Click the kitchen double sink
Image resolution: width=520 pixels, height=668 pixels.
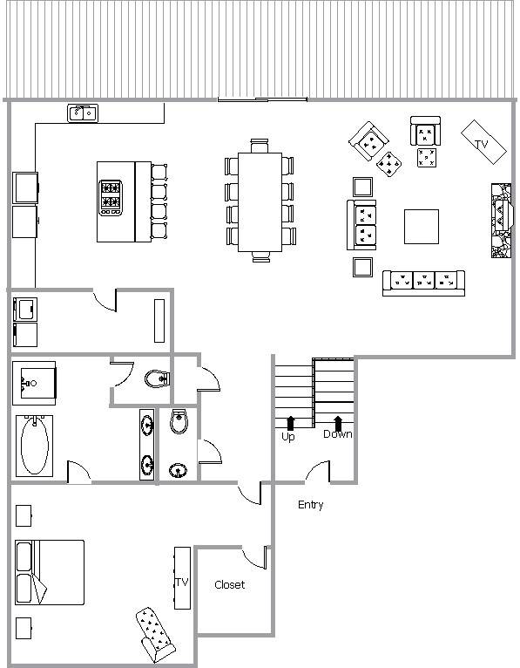coord(83,112)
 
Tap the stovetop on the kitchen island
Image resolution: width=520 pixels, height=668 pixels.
coord(111,198)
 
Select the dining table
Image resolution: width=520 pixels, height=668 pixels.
coord(260,202)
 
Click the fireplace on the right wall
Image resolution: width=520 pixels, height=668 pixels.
coord(502,221)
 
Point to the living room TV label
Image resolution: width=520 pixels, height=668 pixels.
coord(482,144)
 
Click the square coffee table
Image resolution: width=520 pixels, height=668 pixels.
coord(422,227)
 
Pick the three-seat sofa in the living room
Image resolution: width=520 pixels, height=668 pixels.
coord(423,283)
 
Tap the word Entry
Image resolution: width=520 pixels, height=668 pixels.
coord(311,505)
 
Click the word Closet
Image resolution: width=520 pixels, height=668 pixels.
coord(230,585)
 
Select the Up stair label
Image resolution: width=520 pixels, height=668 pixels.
coord(288,437)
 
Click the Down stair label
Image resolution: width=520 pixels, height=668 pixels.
coord(338,434)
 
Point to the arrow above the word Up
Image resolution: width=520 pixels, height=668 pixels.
coord(291,423)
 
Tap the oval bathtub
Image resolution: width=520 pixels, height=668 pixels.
coord(35,446)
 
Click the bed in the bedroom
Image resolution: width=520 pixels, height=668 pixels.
coord(50,573)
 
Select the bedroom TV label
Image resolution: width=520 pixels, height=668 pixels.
coord(182,582)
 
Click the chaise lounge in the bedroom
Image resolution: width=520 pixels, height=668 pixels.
coord(155,634)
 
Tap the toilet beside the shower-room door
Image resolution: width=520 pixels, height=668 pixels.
coord(158,378)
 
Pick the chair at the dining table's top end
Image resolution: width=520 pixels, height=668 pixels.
coord(260,146)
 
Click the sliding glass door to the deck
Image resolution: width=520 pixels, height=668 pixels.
coord(262,99)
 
